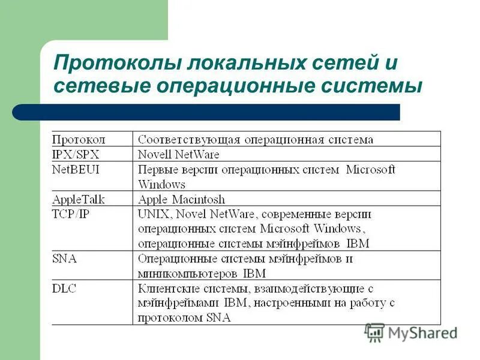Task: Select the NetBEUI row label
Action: [x=76, y=169]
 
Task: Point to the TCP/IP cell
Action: [x=71, y=214]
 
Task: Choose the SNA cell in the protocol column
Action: [x=64, y=259]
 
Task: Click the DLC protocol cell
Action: [x=64, y=289]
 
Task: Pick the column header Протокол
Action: [x=79, y=140]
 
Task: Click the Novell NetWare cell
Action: [x=179, y=155]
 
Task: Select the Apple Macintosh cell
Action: [x=181, y=199]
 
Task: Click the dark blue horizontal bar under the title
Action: [x=206, y=112]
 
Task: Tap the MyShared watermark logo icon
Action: [x=375, y=332]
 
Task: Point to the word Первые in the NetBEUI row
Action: [x=157, y=170]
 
